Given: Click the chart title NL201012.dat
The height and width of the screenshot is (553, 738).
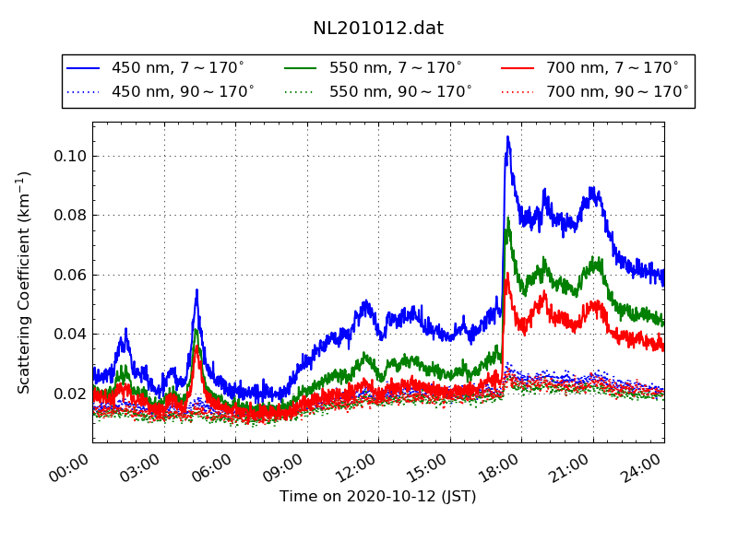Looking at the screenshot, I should [x=378, y=29].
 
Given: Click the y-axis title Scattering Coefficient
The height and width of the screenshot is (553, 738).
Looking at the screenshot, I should [x=24, y=282].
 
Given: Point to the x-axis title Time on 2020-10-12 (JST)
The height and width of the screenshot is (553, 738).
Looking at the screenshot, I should [x=378, y=497].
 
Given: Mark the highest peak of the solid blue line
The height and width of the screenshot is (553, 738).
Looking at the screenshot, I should [x=507, y=138].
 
